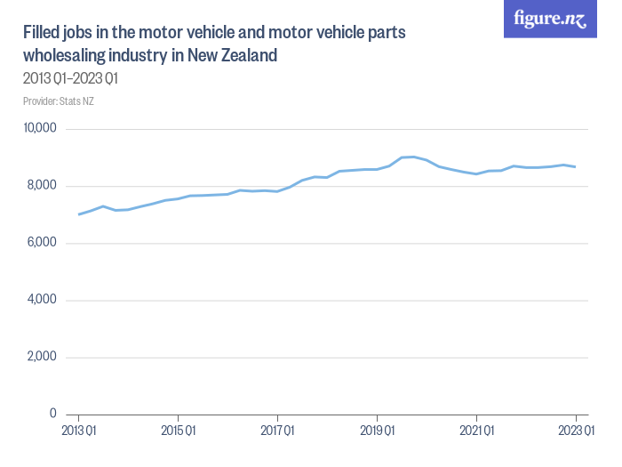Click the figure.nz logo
tap(550, 19)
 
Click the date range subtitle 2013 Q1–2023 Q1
tap(70, 78)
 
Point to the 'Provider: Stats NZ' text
tap(59, 101)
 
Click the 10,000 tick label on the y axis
tap(39, 129)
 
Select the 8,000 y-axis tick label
tap(42, 186)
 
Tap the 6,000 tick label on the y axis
tap(42, 243)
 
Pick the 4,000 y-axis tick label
tap(42, 300)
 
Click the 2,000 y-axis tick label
tap(42, 357)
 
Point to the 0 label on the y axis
tap(53, 414)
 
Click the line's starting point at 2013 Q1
tap(79, 214)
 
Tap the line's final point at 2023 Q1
tap(576, 166)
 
